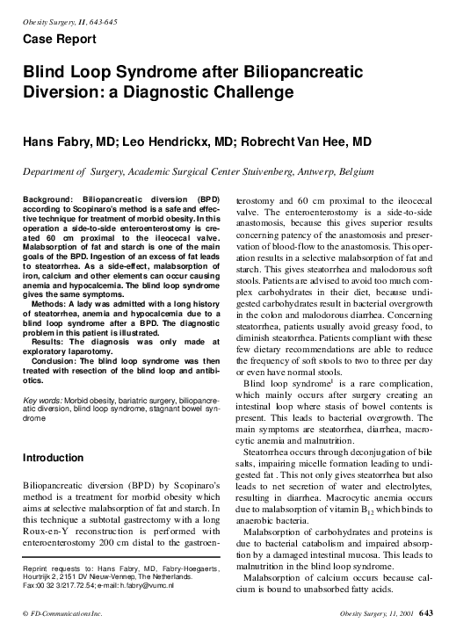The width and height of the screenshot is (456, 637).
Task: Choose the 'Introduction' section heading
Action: pos(59,458)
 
